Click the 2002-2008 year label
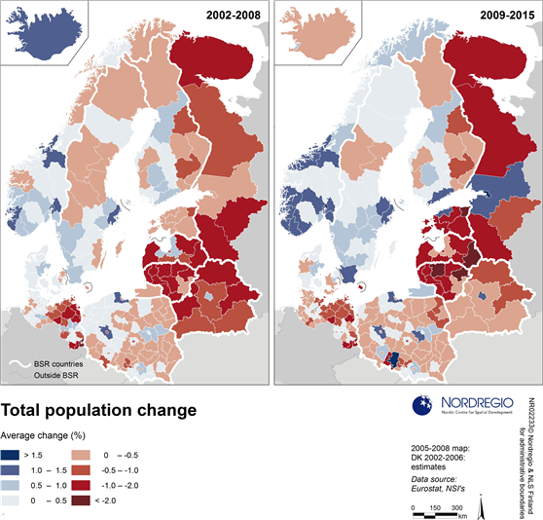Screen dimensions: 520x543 (x=232, y=14)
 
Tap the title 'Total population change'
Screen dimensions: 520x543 (x=99, y=410)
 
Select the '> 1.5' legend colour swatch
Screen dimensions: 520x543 (x=11, y=454)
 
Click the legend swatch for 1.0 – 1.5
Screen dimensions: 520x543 (x=11, y=470)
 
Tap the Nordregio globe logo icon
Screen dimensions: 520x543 (x=425, y=406)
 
